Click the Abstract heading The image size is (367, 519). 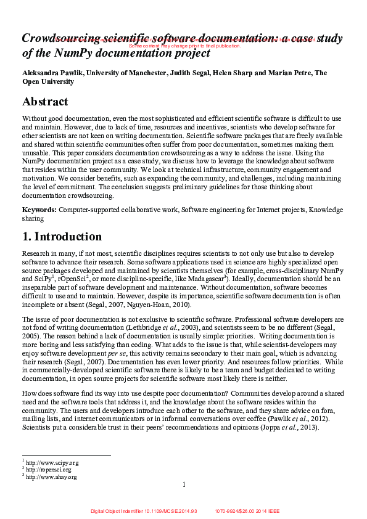pos(45,102)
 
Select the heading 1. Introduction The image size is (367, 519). pos(62,237)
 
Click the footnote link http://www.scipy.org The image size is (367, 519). pos(52,462)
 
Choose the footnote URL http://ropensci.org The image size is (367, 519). pos(49,469)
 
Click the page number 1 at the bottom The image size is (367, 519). pos(184,485)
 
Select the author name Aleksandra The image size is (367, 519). pos(43,73)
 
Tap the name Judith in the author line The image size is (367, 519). pos(181,73)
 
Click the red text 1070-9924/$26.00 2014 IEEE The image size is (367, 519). pos(247,511)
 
